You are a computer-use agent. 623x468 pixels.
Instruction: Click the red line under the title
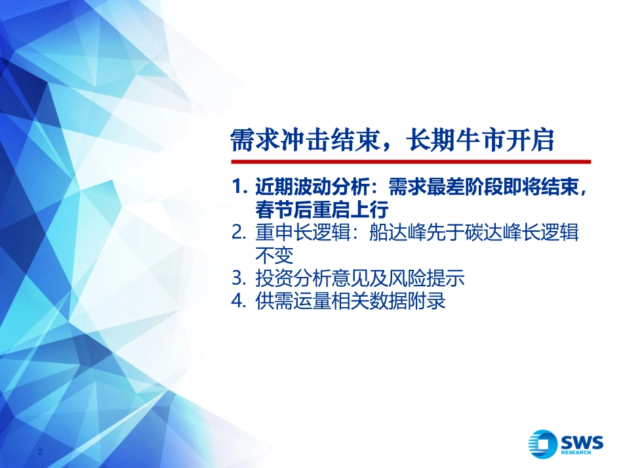pos(410,161)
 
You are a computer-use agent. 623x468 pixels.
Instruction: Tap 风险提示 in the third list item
pos(426,278)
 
